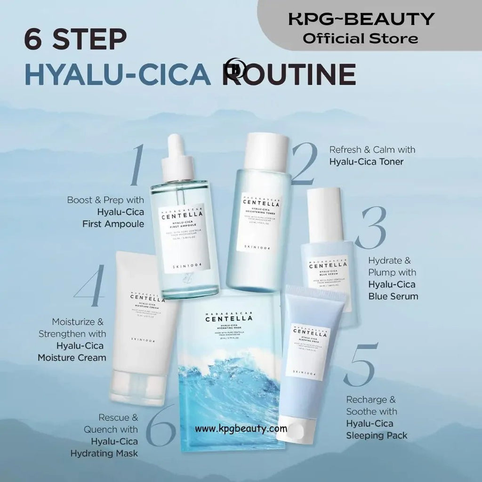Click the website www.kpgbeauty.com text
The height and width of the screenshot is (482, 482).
coord(241,429)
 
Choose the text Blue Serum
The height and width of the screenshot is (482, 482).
coord(393,296)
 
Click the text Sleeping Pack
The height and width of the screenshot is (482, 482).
coord(377,435)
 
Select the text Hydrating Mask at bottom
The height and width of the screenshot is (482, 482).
coord(104,453)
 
